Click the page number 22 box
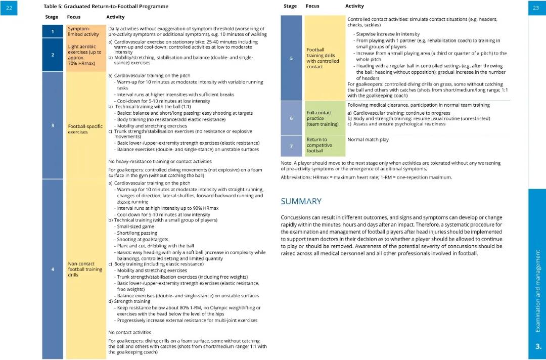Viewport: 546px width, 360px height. pyautogui.click(x=9, y=8)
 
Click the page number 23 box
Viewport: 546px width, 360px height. pyautogui.click(x=536, y=8)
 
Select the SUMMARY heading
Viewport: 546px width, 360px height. pyautogui.click(x=301, y=201)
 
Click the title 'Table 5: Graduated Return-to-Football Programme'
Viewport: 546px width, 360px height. pyautogui.click(x=106, y=7)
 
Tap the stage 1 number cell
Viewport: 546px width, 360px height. pyautogui.click(x=53, y=32)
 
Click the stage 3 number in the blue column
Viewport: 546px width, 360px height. pyautogui.click(x=53, y=125)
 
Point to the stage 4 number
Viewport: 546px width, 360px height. pyautogui.click(x=53, y=269)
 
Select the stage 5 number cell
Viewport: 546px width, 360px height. pyautogui.click(x=291, y=58)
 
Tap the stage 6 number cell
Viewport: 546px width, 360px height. pyautogui.click(x=291, y=118)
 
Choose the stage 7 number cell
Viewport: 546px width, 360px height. pyautogui.click(x=291, y=146)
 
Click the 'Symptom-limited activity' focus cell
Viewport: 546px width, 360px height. pyautogui.click(x=83, y=31)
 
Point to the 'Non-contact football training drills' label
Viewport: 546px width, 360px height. pyautogui.click(x=85, y=269)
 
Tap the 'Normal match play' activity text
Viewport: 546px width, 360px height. pyautogui.click(x=368, y=140)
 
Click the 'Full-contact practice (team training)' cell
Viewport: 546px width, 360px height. pyautogui.click(x=323, y=118)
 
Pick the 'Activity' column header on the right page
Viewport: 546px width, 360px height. pyautogui.click(x=354, y=6)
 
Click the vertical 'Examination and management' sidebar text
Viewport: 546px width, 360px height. pyautogui.click(x=538, y=291)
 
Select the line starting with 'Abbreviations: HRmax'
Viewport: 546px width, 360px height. pyautogui.click(x=366, y=177)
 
